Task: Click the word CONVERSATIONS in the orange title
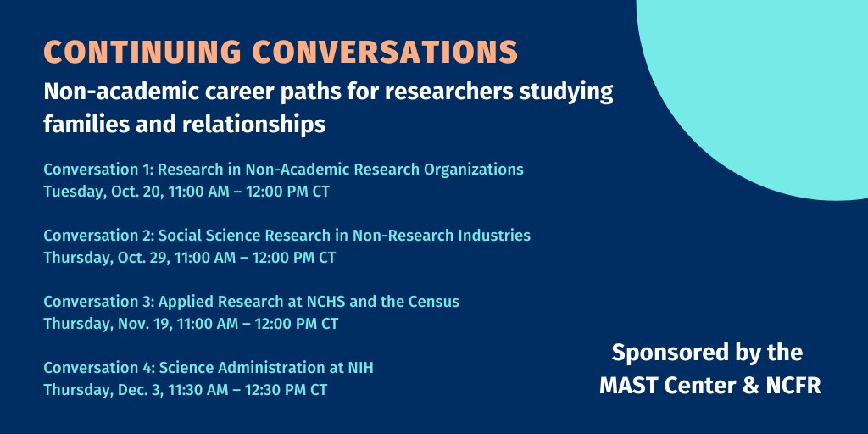[386, 52]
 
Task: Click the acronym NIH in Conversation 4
[359, 367]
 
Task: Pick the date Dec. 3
[138, 389]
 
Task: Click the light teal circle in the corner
[763, 85]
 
